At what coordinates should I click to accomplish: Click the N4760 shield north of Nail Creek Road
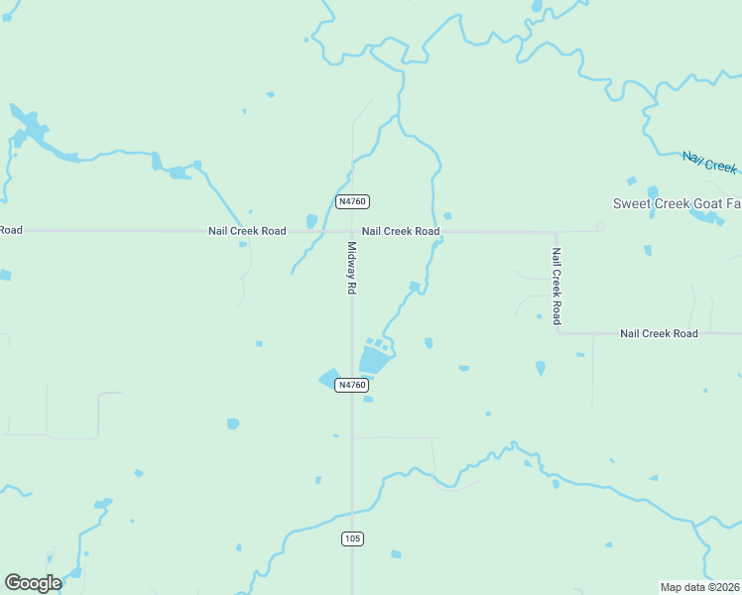coord(352,201)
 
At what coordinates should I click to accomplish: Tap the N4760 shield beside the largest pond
coord(352,385)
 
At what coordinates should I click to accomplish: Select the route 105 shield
coord(352,538)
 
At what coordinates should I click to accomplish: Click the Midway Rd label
coord(351,268)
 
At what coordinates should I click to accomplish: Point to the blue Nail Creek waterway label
coord(709,162)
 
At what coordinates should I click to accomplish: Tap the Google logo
coord(33,583)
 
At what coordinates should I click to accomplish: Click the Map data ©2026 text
coord(699,586)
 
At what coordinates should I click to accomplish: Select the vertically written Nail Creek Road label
coord(556,286)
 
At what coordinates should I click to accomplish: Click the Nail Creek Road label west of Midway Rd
coord(247,231)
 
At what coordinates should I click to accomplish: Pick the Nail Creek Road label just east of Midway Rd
coord(401,231)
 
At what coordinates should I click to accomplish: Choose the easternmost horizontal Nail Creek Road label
coord(659,333)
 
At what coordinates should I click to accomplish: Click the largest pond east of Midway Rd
coord(374,359)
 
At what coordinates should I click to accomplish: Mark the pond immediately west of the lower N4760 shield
coord(328,379)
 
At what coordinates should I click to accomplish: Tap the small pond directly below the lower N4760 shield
coord(368,400)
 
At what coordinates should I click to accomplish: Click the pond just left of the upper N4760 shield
coord(311,220)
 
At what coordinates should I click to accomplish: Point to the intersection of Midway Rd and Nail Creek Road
coord(352,231)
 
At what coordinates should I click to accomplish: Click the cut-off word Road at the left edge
coord(10,230)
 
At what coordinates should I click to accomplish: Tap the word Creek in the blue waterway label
coord(722,165)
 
